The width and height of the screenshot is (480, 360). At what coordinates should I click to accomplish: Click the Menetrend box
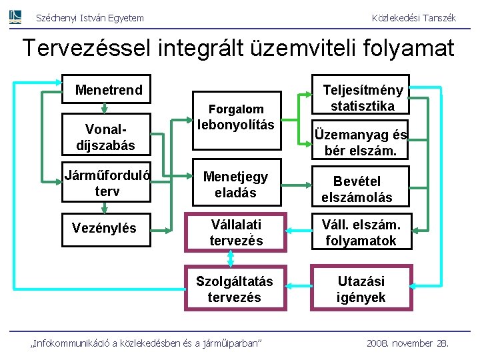pyautogui.click(x=109, y=90)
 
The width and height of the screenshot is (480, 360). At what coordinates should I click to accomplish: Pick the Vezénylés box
pyautogui.click(x=106, y=228)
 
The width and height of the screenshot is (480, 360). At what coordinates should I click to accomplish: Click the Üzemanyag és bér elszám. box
pyautogui.click(x=361, y=142)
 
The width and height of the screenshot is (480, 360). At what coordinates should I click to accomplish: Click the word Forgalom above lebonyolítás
pyautogui.click(x=236, y=109)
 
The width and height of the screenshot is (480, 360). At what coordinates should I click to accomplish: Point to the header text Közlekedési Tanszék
pyautogui.click(x=413, y=18)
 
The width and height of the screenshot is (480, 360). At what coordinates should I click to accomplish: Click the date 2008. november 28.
pyautogui.click(x=407, y=343)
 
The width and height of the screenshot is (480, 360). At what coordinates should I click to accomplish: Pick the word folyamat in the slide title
pyautogui.click(x=409, y=48)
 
